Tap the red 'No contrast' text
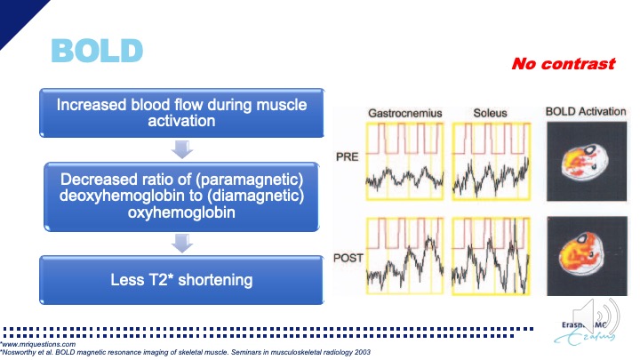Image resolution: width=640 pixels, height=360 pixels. pyautogui.click(x=563, y=64)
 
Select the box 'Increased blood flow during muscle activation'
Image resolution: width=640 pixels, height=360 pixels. pyautogui.click(x=181, y=113)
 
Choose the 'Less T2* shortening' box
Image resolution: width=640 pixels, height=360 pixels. pyautogui.click(x=181, y=280)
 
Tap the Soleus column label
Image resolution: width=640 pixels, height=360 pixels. pyautogui.click(x=491, y=114)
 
